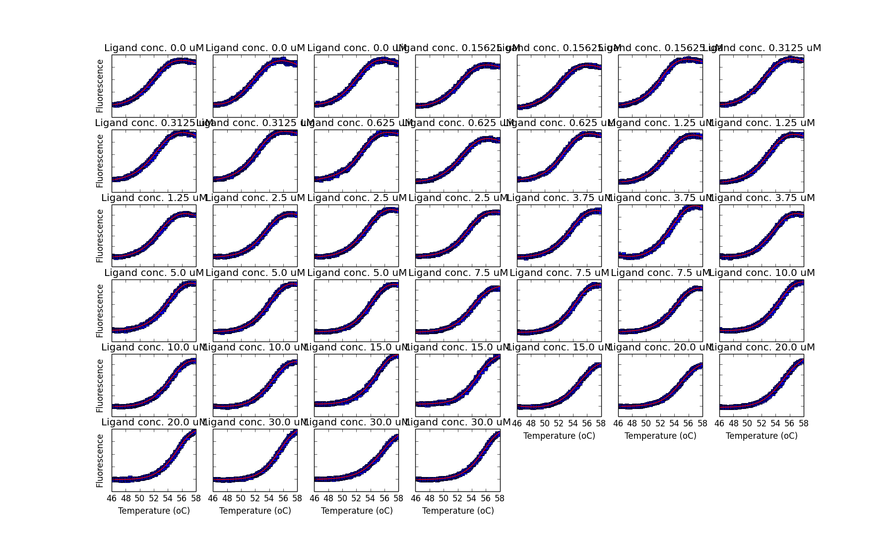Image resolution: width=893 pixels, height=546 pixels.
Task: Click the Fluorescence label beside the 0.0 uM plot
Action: pyautogui.click(x=100, y=86)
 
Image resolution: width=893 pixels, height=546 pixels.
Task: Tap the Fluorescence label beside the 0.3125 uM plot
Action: pyautogui.click(x=100, y=161)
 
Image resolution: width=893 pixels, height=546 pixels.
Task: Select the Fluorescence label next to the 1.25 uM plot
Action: pyautogui.click(x=100, y=236)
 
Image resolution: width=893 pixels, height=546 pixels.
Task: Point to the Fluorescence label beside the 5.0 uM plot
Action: pyautogui.click(x=100, y=311)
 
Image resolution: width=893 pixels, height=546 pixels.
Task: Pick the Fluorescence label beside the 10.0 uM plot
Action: pyautogui.click(x=100, y=386)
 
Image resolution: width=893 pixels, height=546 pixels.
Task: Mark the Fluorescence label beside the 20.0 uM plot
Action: pyautogui.click(x=100, y=461)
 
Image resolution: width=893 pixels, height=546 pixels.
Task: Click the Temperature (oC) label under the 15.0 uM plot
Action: pyautogui.click(x=559, y=436)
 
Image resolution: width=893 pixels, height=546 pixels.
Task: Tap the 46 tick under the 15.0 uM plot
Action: pyautogui.click(x=517, y=423)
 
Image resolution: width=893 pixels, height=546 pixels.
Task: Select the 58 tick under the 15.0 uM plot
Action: pyautogui.click(x=601, y=423)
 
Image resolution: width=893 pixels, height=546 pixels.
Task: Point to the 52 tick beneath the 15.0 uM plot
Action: pyautogui.click(x=559, y=423)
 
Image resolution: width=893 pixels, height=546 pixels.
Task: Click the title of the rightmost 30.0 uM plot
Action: pyautogui.click(x=458, y=422)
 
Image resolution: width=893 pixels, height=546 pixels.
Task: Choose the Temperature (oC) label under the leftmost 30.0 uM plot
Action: pyautogui.click(x=255, y=511)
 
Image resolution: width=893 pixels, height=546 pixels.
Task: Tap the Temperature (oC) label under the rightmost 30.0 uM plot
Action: pyautogui.click(x=458, y=511)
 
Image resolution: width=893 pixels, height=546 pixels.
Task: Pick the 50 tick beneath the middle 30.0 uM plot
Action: pyautogui.click(x=342, y=498)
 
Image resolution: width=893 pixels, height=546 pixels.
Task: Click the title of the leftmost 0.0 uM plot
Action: pyautogui.click(x=154, y=48)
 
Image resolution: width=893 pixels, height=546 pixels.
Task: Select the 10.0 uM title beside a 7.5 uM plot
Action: pyautogui.click(x=762, y=273)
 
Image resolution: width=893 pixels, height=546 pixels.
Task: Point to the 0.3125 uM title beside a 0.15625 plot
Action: pyautogui.click(x=762, y=48)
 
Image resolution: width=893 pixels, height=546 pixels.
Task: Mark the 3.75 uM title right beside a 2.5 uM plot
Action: pyautogui.click(x=559, y=198)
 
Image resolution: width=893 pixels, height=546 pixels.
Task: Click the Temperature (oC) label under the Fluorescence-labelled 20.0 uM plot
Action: pyautogui.click(x=154, y=511)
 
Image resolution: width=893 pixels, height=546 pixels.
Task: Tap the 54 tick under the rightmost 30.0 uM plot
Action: pyautogui.click(x=472, y=498)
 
